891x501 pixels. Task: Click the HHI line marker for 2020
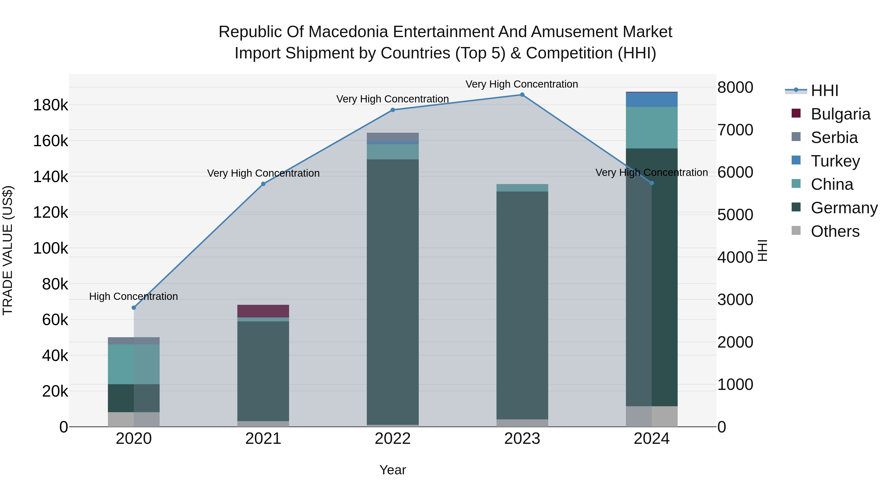click(x=134, y=308)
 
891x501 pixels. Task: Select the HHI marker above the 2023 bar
click(x=522, y=95)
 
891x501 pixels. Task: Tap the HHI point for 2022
click(x=393, y=110)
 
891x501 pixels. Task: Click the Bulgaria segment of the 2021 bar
click(x=263, y=311)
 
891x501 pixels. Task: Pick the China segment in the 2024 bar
click(x=652, y=128)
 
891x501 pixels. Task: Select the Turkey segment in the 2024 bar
click(x=652, y=99)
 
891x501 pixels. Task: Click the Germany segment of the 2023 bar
click(x=522, y=305)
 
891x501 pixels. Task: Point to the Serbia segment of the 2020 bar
click(x=134, y=341)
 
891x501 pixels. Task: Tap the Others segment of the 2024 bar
click(x=652, y=417)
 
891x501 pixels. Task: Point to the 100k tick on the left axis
click(x=50, y=248)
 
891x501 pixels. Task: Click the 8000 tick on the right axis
click(x=735, y=88)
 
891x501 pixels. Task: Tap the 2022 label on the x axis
click(x=393, y=439)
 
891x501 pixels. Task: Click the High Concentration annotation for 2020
click(x=133, y=296)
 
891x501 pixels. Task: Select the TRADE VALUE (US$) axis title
click(x=8, y=250)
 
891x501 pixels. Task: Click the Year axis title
click(x=393, y=470)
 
